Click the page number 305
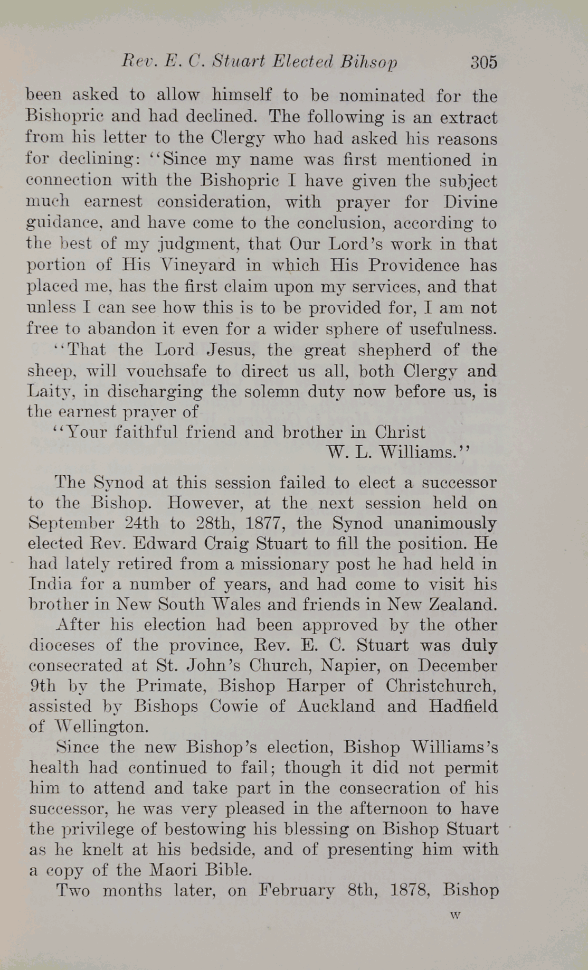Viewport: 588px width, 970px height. tap(483, 62)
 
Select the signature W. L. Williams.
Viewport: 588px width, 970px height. tap(397, 453)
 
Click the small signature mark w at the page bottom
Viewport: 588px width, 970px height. tap(456, 916)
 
